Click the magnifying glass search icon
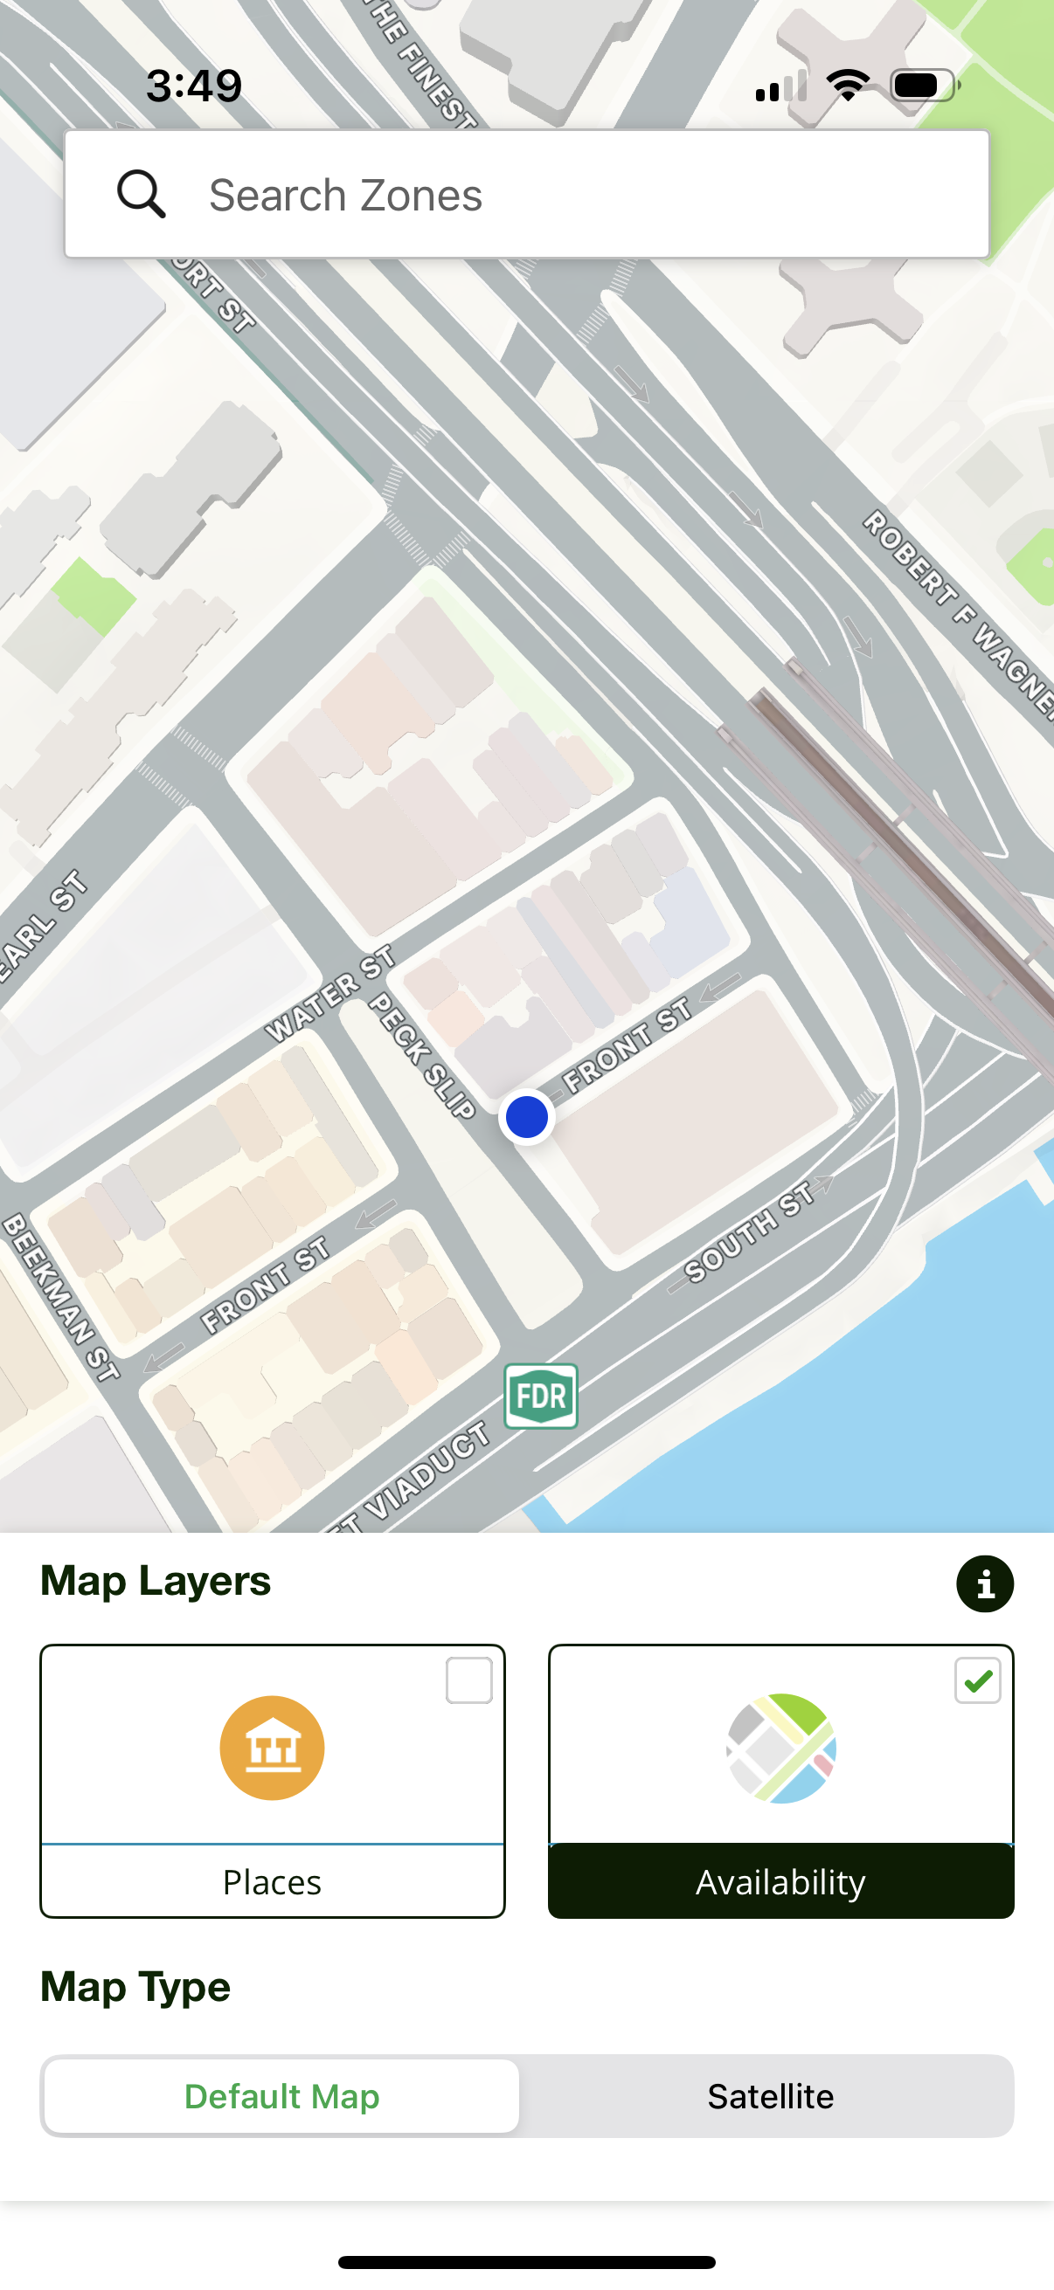142,194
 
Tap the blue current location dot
526,1116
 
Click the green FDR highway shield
541,1396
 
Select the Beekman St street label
59,1298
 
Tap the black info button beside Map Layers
985,1583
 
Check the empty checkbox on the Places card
468,1680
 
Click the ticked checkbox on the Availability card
977,1680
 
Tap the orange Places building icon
272,1748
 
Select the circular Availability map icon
781,1748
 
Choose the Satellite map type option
770,2095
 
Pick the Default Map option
282,2095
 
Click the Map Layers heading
156,1581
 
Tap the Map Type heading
135,1987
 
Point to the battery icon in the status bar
924,86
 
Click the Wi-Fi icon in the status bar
848,86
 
